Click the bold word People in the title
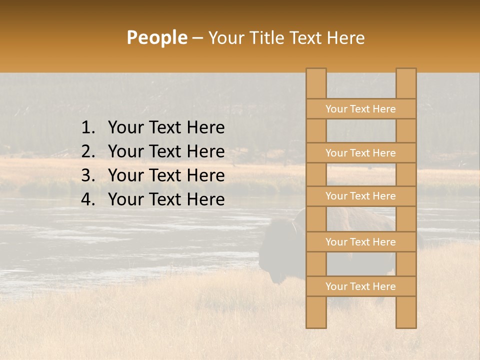coord(156,37)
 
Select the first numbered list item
coord(166,128)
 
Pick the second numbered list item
coord(166,151)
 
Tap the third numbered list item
coord(166,175)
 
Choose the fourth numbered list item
coord(166,199)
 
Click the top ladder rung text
coord(360,109)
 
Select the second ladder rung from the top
coord(360,153)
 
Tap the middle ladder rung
coord(360,196)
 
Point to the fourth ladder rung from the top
coord(360,242)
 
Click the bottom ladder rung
coord(360,286)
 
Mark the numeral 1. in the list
coord(87,128)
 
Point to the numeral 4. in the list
coord(87,199)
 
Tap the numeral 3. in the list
coord(87,175)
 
